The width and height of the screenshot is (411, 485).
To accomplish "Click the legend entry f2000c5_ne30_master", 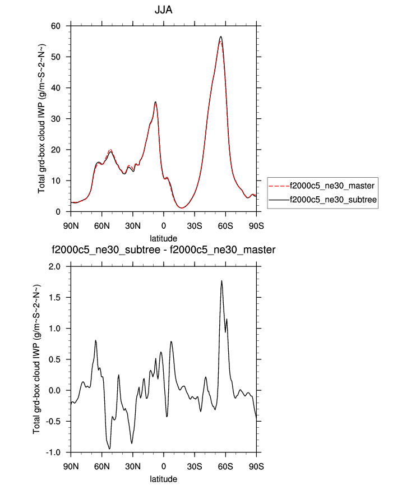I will coord(331,185).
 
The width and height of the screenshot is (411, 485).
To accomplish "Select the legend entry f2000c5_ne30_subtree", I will coord(331,199).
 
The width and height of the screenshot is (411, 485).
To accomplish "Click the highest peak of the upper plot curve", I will coord(221,36).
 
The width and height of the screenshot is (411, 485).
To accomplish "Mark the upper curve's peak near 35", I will coord(155,102).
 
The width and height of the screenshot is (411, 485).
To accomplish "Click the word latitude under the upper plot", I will coord(163,239).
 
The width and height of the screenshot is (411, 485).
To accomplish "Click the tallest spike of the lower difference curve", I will coord(221,281).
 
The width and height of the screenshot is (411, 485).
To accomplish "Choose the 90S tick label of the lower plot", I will coord(256,466).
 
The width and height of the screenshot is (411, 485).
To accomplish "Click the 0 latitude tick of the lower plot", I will coord(163,466).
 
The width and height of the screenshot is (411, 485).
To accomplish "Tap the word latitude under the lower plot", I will coord(163,479).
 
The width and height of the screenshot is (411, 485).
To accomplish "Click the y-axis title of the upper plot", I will coord(42,119).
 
